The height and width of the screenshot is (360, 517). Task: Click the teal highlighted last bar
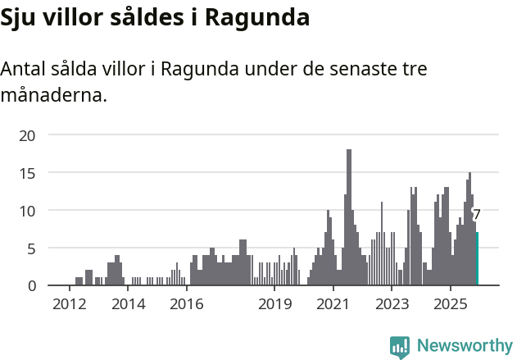477,259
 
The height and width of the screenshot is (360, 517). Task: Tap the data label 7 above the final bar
477,215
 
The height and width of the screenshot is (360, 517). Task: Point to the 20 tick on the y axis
27,135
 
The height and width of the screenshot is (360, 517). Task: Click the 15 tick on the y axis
27,173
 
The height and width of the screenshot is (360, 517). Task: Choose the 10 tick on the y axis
27,211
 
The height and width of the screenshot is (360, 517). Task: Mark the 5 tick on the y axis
31,248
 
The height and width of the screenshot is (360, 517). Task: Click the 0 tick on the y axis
31,285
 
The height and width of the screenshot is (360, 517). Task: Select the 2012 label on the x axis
69,305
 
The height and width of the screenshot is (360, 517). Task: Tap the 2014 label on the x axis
129,305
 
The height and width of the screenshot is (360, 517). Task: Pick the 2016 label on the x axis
187,305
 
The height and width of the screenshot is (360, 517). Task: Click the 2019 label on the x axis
275,305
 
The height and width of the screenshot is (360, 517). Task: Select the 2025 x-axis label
451,305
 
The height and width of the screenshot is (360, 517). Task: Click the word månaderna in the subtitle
53,95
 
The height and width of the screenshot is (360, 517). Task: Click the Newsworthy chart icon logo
400,347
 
